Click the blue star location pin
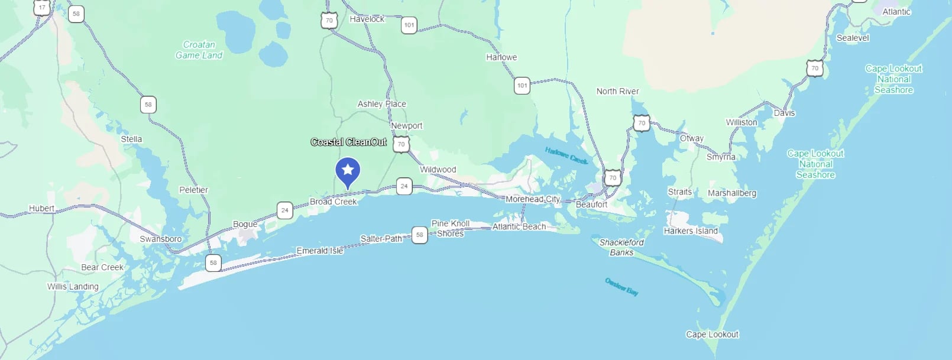(348, 171)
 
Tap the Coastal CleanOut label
(349, 142)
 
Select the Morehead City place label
(533, 199)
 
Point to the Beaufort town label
(591, 205)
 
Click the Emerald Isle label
(320, 251)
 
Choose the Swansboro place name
(161, 239)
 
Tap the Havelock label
(367, 19)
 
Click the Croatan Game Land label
(199, 50)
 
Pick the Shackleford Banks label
(621, 247)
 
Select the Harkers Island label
(691, 231)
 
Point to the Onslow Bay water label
(621, 287)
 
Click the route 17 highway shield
(42, 8)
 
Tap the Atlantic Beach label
(519, 226)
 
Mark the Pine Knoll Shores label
(451, 228)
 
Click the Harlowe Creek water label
(566, 155)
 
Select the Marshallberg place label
(732, 193)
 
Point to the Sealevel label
(853, 38)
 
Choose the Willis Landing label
(73, 287)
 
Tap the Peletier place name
(194, 190)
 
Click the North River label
(617, 91)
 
